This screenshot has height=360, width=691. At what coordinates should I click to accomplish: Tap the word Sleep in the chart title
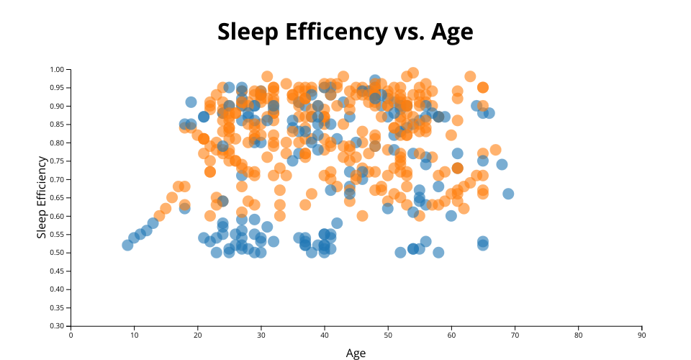tap(245, 32)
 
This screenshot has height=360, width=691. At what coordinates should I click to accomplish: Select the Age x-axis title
tap(356, 353)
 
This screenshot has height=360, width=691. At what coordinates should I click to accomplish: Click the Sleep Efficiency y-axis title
tap(42, 197)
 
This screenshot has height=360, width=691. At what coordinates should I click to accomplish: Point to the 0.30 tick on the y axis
tap(58, 326)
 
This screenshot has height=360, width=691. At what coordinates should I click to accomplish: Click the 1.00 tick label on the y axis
tap(58, 70)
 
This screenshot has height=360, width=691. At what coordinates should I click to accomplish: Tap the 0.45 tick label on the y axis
tap(58, 271)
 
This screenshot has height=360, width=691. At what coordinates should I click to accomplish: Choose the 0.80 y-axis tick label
tap(58, 143)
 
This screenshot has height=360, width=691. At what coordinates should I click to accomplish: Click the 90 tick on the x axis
tap(641, 335)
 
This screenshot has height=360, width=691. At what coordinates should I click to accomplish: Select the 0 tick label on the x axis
tap(71, 335)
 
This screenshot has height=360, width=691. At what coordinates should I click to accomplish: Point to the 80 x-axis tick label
tap(578, 335)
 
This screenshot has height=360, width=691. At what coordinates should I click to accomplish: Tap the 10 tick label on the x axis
tap(134, 335)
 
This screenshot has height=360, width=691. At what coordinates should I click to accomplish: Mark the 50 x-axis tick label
tap(388, 335)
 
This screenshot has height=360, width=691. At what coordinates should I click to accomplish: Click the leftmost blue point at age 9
tap(127, 246)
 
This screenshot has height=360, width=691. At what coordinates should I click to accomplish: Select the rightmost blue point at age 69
tap(508, 194)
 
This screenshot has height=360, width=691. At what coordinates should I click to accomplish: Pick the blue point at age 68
tap(502, 164)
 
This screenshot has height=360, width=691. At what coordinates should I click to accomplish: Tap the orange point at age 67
tap(495, 150)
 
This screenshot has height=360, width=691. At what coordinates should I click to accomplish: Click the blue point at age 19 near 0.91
tap(191, 102)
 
